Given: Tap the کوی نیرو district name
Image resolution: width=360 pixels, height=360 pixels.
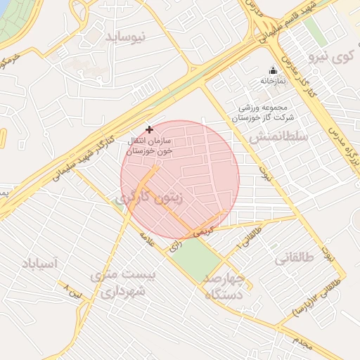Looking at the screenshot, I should (x=331, y=56).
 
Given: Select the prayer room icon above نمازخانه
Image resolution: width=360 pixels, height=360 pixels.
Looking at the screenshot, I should (x=273, y=70).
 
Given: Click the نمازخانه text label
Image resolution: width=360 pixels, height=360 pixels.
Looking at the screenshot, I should (x=273, y=82).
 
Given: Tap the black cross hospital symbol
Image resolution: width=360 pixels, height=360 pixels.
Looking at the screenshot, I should (x=148, y=129).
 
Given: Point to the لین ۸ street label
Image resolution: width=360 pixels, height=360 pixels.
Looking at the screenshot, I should (x=73, y=290).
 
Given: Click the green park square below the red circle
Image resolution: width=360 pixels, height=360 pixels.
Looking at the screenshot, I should (x=196, y=257).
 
